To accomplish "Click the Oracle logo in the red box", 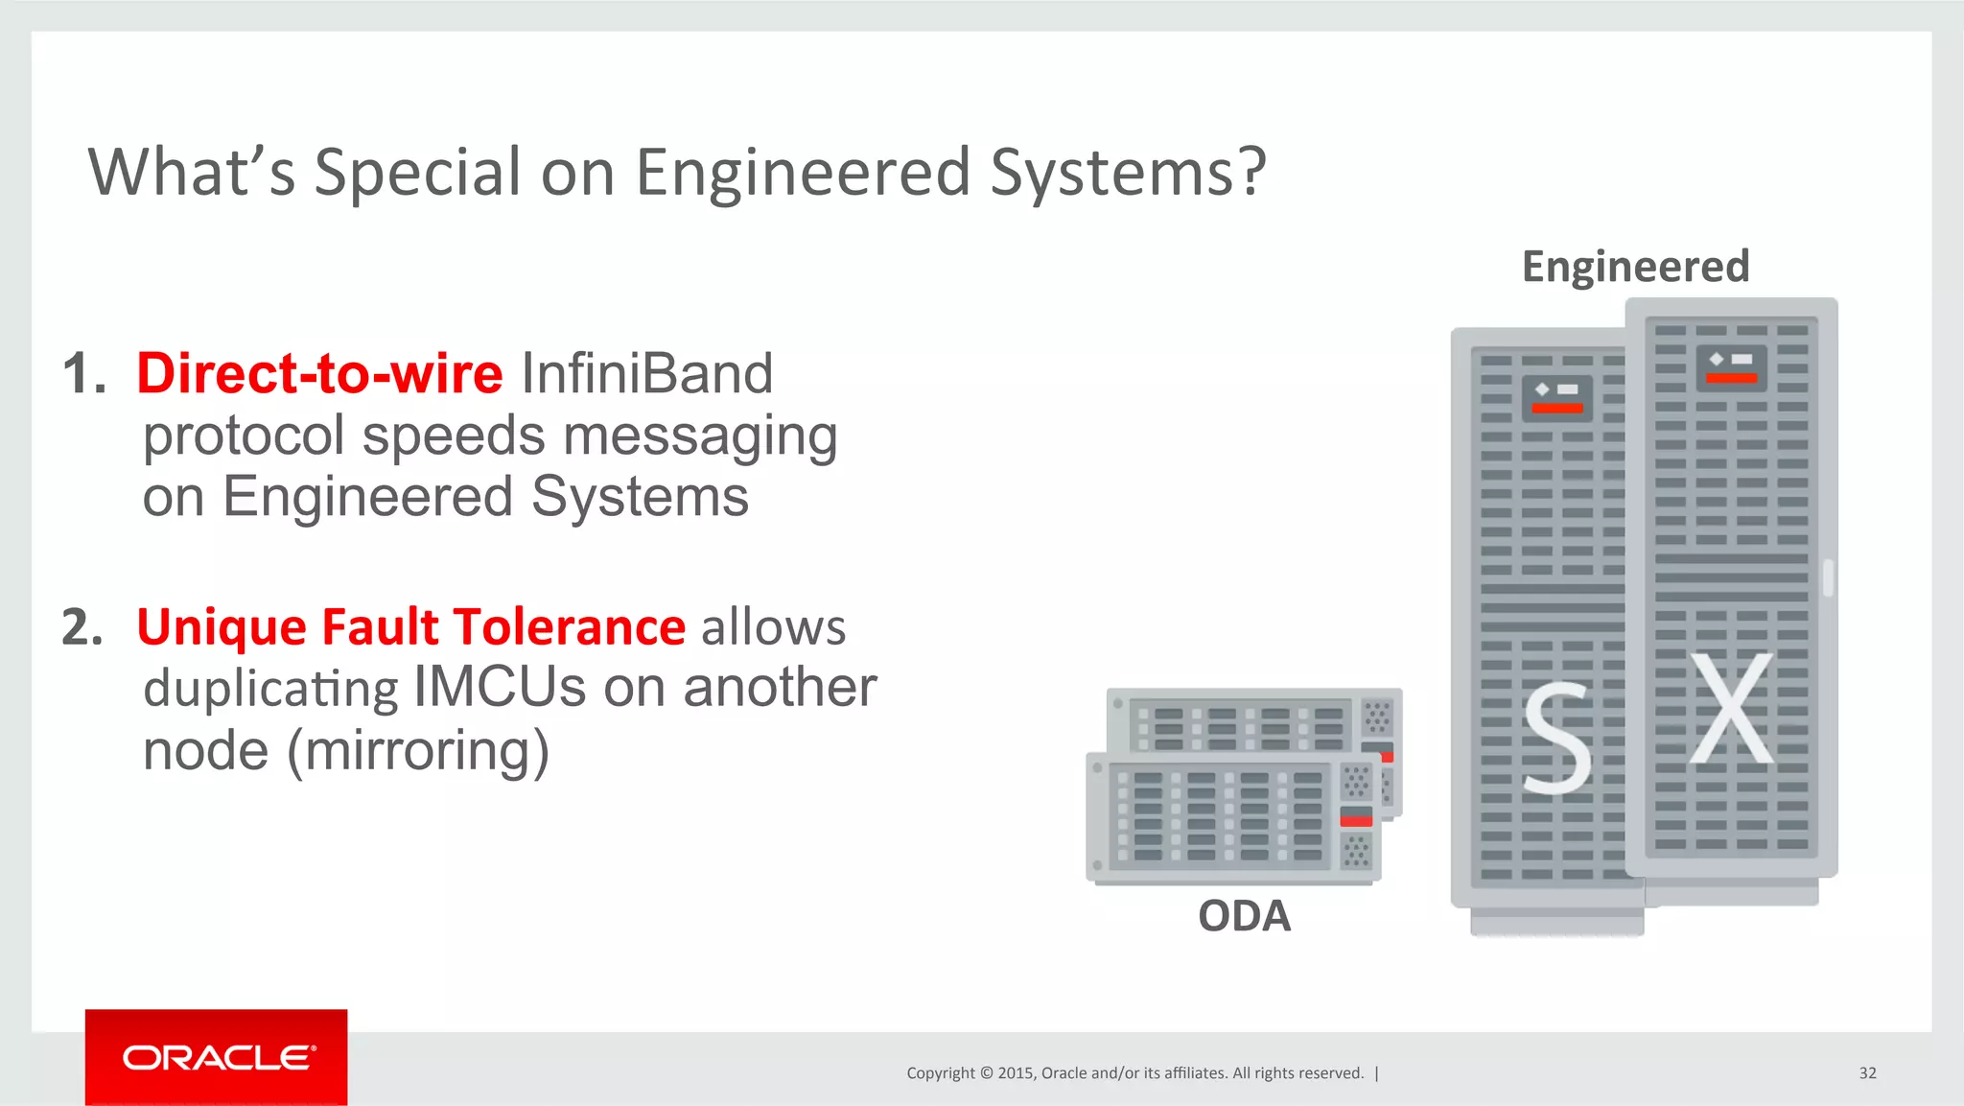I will [217, 1058].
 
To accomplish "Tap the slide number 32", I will [1867, 1073].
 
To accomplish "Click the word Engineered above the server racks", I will [1635, 267].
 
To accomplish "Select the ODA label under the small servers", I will [1244, 916].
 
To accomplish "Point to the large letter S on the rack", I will [1556, 740].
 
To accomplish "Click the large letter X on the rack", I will [1731, 709].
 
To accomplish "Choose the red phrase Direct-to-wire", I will [319, 373].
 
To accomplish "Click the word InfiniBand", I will [646, 373].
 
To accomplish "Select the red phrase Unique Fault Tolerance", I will [410, 627].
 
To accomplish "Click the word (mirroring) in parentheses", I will [418, 750].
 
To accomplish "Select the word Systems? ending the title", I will [1128, 173].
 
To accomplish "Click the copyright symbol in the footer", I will [987, 1073].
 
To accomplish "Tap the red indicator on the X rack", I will [1731, 378].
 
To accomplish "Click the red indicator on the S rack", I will [1556, 409].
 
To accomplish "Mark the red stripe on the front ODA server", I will [1356, 820].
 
